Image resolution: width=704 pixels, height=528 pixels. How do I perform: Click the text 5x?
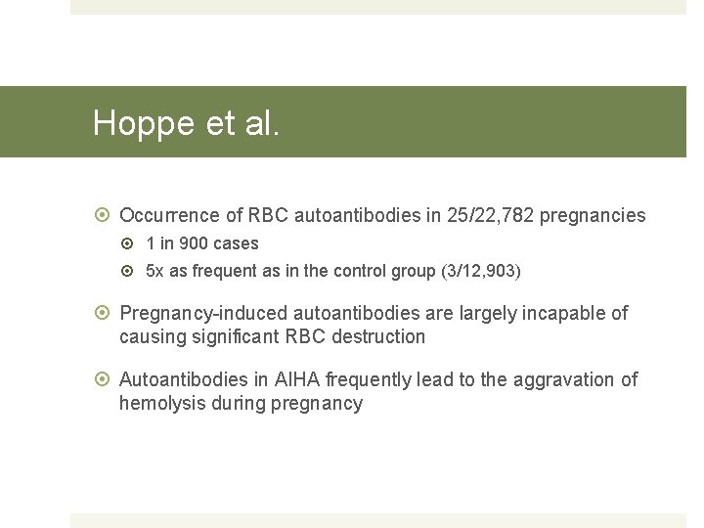155,271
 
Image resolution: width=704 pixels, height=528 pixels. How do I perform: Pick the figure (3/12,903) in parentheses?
479,271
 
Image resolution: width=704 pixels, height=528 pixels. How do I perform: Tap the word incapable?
566,314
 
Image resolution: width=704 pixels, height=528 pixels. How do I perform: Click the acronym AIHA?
302,379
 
